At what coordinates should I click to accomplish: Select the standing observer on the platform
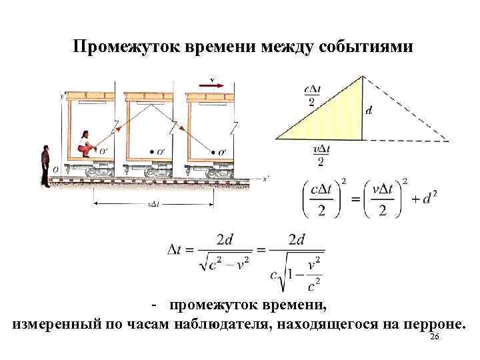click(x=45, y=167)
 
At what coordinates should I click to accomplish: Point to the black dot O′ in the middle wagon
click(x=152, y=151)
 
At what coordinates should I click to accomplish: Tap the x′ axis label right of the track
click(x=265, y=178)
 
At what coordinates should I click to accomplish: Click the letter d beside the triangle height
click(x=369, y=111)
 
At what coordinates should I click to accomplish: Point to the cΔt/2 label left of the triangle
click(x=312, y=95)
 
